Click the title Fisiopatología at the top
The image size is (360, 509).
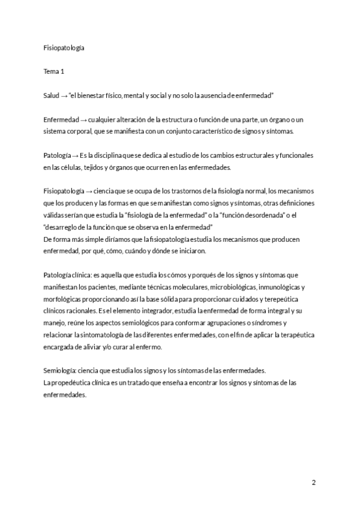tap(64, 47)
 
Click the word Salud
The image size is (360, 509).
tap(52, 95)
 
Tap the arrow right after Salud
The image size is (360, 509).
tap(64, 95)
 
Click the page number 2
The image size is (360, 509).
tap(313, 482)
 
